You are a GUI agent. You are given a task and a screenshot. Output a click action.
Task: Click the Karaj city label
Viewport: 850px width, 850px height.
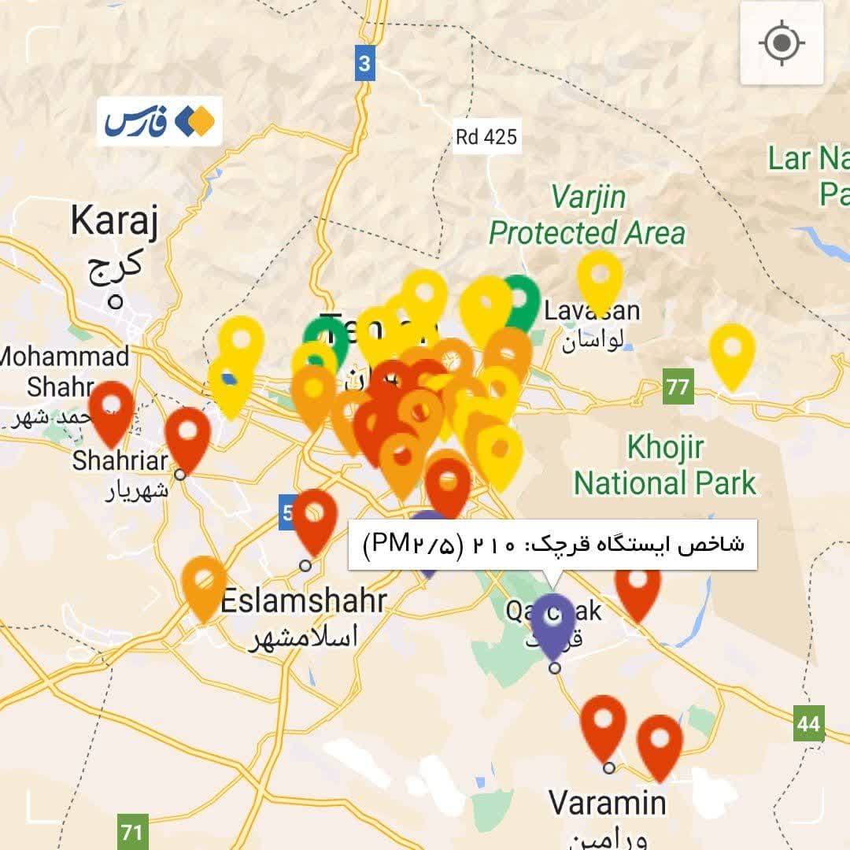(114, 222)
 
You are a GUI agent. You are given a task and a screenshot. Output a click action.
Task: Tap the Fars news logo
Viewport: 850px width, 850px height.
(160, 121)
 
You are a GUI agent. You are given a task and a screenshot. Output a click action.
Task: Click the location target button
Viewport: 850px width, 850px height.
(781, 42)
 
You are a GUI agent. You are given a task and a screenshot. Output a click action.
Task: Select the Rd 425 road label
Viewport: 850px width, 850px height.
(486, 137)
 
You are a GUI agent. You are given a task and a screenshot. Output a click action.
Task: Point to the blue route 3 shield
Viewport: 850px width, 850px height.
(364, 63)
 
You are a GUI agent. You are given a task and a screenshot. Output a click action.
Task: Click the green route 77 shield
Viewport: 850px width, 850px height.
(677, 386)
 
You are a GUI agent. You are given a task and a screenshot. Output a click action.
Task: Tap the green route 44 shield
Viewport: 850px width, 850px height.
(808, 723)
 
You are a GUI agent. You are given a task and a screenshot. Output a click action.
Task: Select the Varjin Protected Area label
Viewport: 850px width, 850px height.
(587, 214)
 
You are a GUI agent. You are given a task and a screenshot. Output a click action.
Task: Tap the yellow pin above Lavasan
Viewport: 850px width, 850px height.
(600, 276)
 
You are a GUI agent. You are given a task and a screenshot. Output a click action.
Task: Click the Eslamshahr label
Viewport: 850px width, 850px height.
(303, 601)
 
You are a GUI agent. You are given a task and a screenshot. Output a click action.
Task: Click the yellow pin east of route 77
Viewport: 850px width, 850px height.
(732, 349)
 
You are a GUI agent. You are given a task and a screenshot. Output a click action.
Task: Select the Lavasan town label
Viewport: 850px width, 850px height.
(592, 311)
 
